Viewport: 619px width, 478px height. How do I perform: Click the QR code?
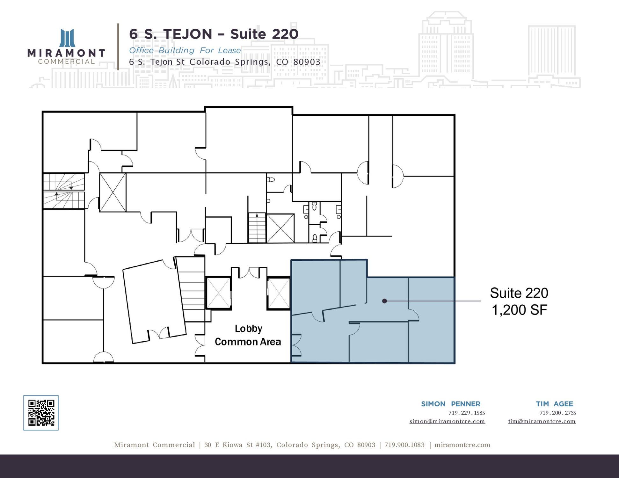(x=41, y=413)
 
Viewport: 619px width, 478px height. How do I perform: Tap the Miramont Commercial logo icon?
(x=67, y=38)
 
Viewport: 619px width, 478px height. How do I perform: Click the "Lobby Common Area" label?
(x=248, y=335)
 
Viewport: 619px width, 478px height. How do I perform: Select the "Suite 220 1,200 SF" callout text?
(x=519, y=301)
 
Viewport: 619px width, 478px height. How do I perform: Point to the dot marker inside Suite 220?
(x=384, y=301)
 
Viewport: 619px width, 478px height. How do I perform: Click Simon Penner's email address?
(x=447, y=421)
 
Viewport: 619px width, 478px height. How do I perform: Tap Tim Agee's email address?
(x=542, y=421)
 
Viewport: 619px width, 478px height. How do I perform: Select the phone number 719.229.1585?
(x=467, y=413)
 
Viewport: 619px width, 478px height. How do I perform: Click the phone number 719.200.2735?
(x=558, y=413)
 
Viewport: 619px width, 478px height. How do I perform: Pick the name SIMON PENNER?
(x=451, y=404)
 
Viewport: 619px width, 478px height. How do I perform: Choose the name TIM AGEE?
(x=554, y=404)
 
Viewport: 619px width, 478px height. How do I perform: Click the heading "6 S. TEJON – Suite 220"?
(x=214, y=34)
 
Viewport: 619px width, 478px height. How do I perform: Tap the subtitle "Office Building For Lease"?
(x=185, y=50)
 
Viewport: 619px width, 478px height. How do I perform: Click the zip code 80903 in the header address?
(x=307, y=62)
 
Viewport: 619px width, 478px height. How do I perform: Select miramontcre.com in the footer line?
(x=462, y=445)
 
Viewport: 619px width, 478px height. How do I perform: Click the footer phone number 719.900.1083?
(x=404, y=445)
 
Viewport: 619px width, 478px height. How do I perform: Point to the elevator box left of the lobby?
(x=219, y=293)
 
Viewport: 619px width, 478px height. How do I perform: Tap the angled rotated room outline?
(x=155, y=301)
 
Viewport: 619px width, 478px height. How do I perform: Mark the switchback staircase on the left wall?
(x=64, y=191)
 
